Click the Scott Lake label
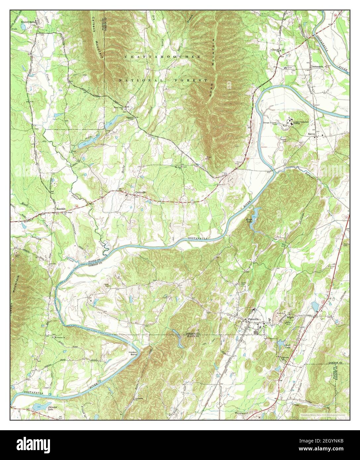289,347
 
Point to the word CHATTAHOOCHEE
162,57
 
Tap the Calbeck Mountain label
98,40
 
